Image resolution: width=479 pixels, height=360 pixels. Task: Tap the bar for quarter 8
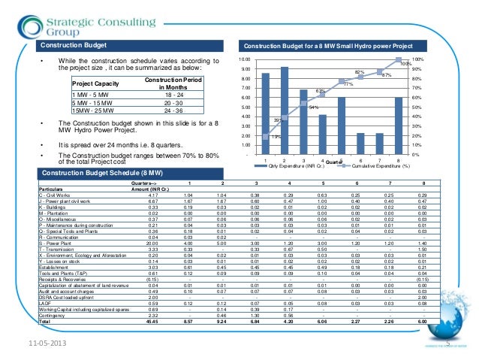[399, 126]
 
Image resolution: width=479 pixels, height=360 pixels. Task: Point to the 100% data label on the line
[404, 65]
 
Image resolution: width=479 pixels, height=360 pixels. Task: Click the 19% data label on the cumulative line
[276, 137]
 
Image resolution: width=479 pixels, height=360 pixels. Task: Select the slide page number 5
[447, 344]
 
